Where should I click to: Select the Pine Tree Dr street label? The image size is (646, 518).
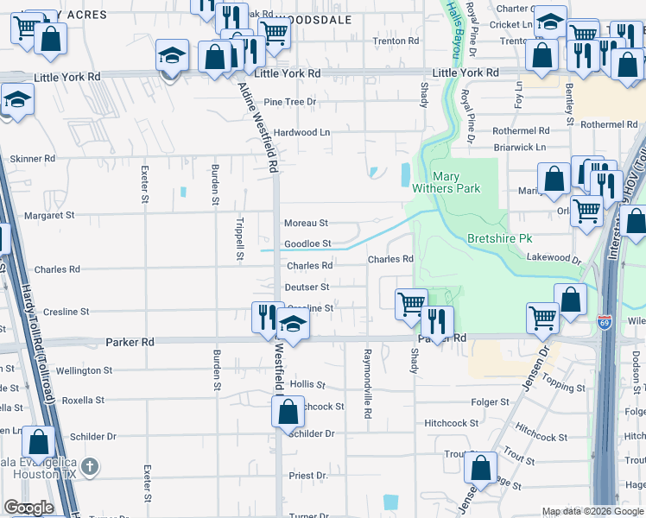coord(291,102)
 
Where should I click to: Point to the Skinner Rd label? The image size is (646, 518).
coord(32,159)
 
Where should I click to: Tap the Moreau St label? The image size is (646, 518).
coord(307,223)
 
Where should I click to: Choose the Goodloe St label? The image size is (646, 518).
coord(307,244)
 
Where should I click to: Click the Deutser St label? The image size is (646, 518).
coord(307,287)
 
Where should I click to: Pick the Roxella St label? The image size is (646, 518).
coord(83,401)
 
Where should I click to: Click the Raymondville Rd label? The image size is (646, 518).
coord(367,384)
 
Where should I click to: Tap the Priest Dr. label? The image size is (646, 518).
coord(308,476)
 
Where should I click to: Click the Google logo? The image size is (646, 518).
coord(28,508)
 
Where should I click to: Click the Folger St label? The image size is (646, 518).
coord(491,402)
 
